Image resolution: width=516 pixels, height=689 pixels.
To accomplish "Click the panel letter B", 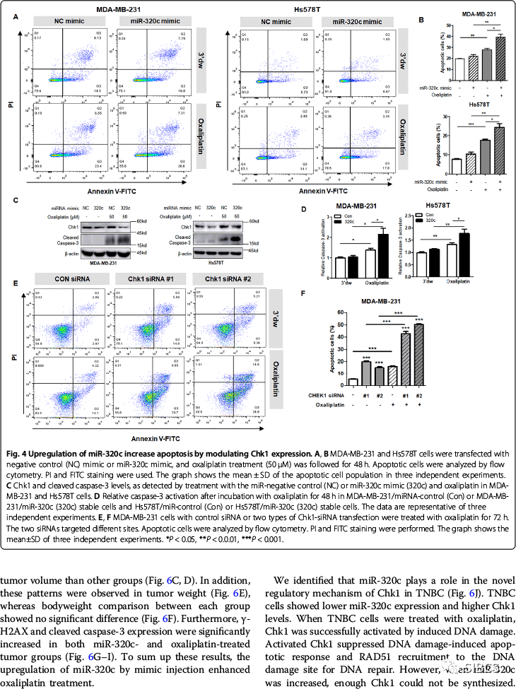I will click(421, 20).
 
